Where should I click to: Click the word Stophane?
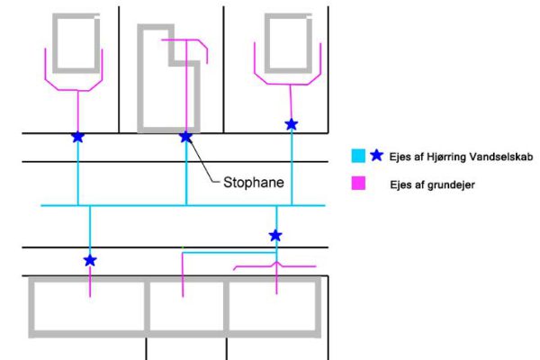pos(254,181)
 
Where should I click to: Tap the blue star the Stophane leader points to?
pos(186,137)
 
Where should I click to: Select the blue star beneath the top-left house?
pos(77,137)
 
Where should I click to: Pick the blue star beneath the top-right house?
pos(291,124)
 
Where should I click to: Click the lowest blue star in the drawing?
pos(90,260)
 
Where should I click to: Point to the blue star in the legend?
pos(376,156)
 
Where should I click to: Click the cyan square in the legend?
pos(358,157)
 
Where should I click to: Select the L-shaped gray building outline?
pos(140,90)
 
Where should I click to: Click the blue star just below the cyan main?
pos(275,236)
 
